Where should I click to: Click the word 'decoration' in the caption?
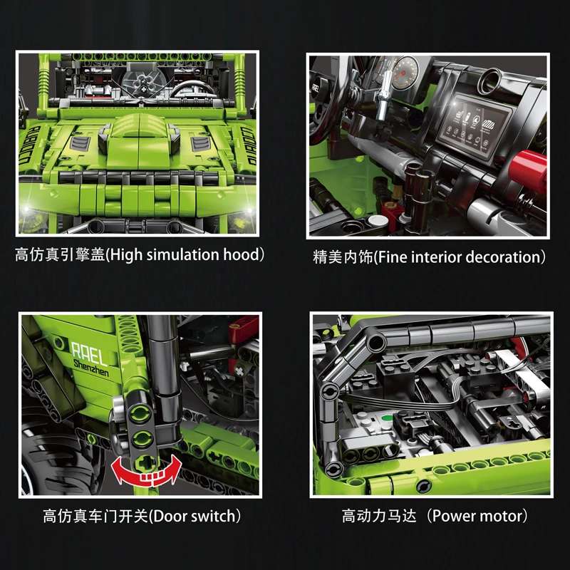[502, 257]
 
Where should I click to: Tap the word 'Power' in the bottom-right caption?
[453, 516]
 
